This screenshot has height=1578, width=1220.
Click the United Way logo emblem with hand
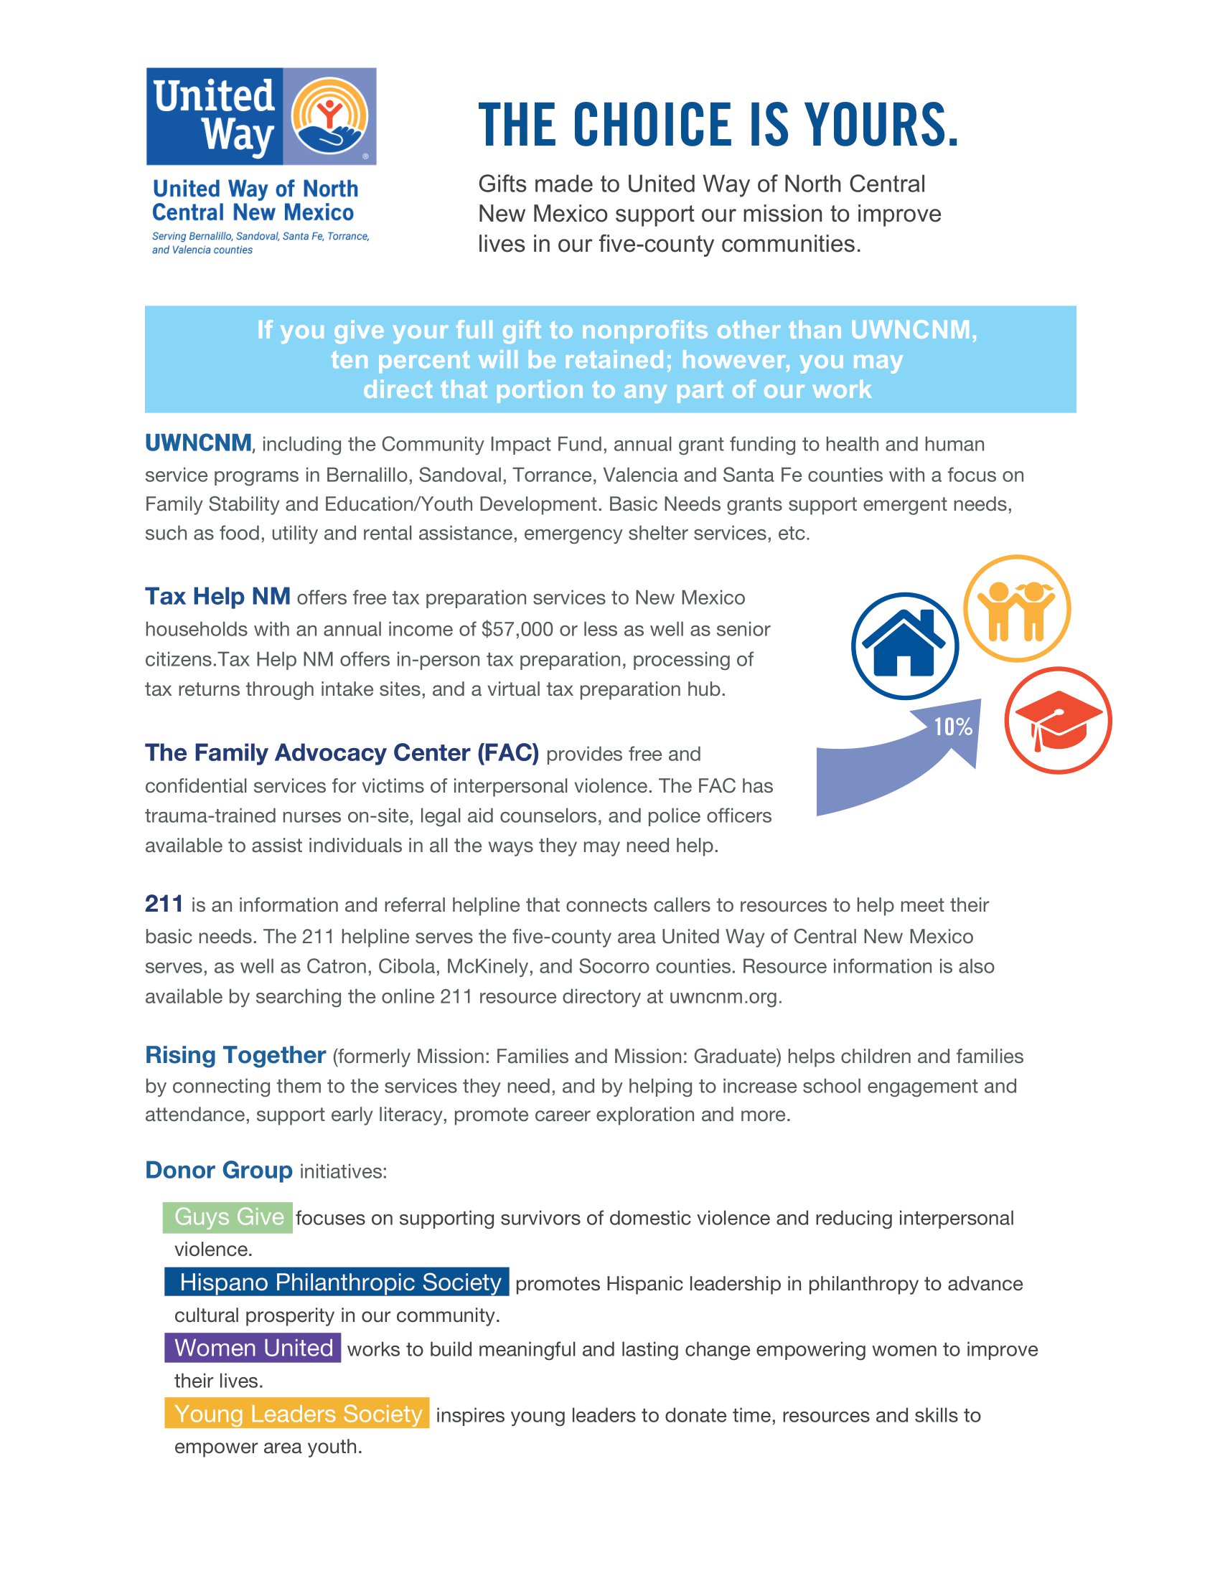point(329,116)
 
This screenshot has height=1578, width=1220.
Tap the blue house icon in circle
point(904,646)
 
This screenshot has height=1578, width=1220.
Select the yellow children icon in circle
point(1016,608)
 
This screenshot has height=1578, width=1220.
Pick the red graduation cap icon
point(1057,720)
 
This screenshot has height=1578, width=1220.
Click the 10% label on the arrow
point(952,727)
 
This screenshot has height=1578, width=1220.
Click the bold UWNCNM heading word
point(198,443)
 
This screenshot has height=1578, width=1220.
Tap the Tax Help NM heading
point(217,597)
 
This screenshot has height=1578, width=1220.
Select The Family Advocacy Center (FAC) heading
point(342,753)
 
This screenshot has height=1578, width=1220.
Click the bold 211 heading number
point(164,904)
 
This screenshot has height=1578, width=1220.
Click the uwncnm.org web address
point(723,996)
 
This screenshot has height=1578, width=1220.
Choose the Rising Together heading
point(235,1055)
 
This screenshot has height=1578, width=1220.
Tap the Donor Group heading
point(218,1170)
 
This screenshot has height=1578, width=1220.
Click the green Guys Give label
point(228,1216)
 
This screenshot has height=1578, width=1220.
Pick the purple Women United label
point(253,1348)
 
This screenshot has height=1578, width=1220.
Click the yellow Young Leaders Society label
point(297,1414)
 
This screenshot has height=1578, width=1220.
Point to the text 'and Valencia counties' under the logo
point(202,250)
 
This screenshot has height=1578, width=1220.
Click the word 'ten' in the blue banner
point(350,360)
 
